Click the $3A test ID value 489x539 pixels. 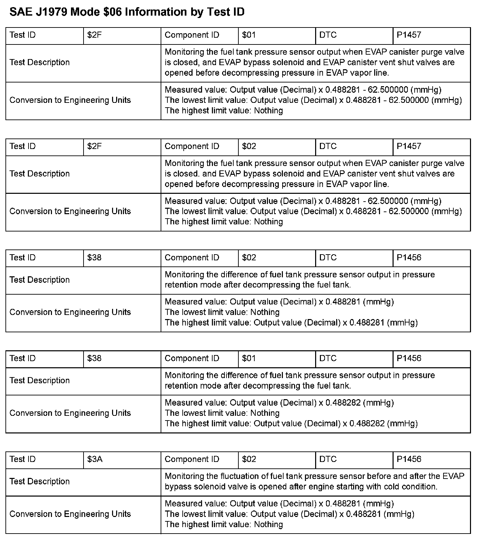(95, 459)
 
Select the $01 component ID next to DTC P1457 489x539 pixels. (249, 35)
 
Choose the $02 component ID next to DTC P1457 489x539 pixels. (249, 146)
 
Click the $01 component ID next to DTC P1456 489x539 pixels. (249, 358)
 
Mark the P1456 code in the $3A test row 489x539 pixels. (409, 459)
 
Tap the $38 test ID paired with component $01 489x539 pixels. (94, 358)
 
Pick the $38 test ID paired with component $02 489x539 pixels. (94, 258)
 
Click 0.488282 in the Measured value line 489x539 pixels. (343, 403)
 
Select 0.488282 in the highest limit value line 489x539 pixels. (367, 424)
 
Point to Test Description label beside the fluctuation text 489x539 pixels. (39, 482)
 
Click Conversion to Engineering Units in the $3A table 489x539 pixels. (70, 514)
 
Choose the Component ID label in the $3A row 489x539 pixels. (192, 459)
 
